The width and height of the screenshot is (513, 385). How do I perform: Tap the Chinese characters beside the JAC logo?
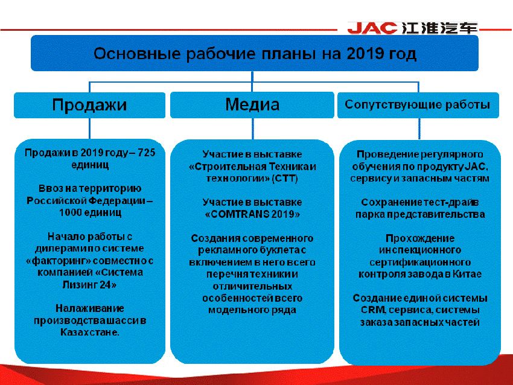click(438, 28)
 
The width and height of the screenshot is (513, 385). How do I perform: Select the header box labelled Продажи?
click(89, 105)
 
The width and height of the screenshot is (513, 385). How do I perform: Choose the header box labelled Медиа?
click(252, 105)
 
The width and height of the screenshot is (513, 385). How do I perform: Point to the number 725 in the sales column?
click(145, 153)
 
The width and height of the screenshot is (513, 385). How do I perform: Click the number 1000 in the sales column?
click(71, 213)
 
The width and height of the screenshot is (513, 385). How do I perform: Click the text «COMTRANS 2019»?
click(252, 214)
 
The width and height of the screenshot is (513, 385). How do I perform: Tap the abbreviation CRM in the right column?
click(368, 310)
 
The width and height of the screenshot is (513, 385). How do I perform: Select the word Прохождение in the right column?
click(420, 238)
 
